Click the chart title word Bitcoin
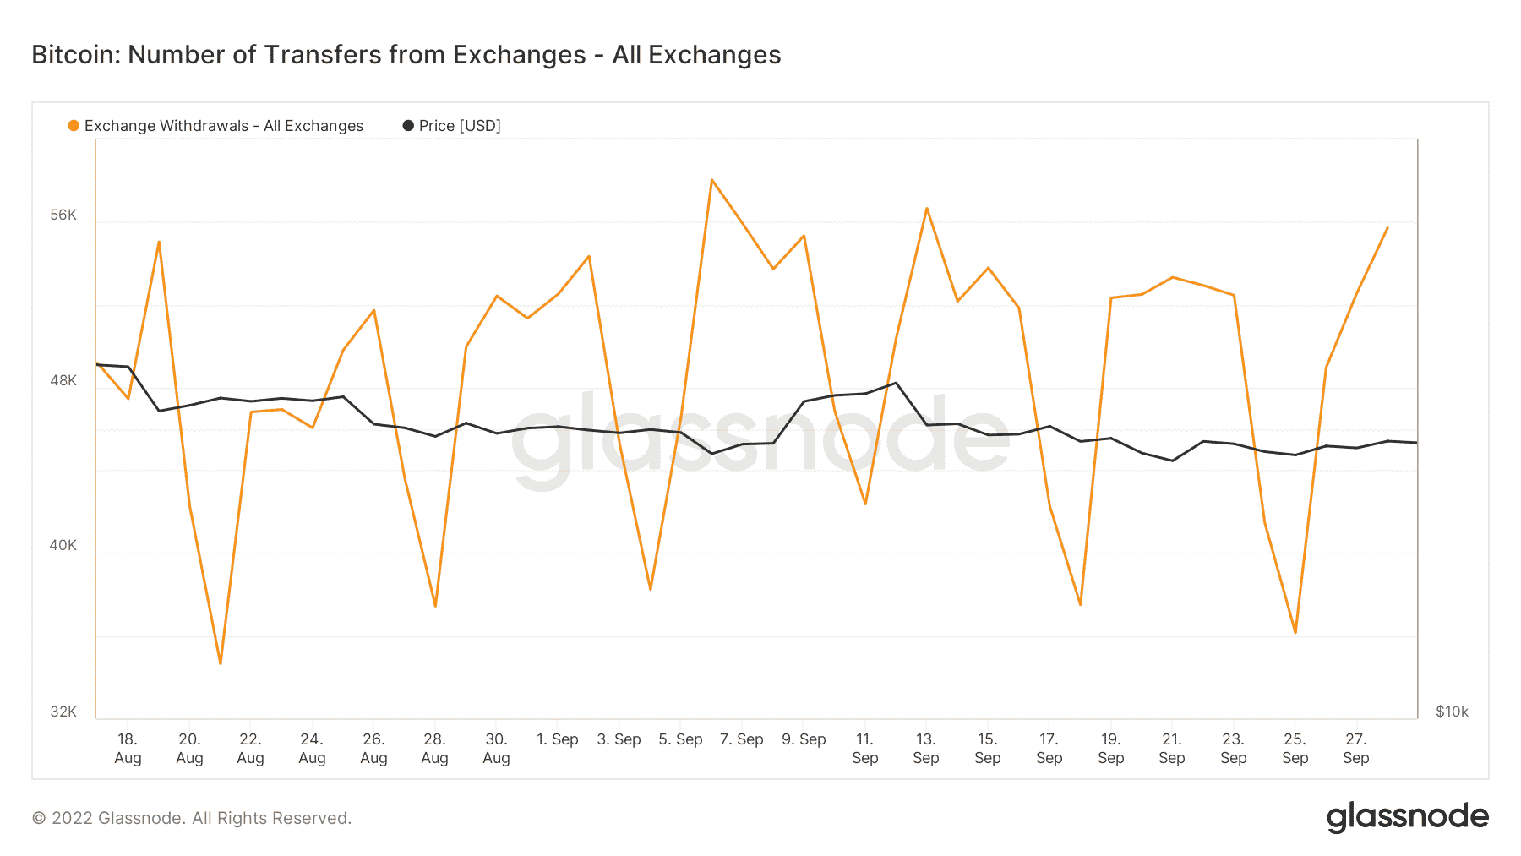75,55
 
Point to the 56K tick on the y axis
63,215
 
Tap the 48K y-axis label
63,380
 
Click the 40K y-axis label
63,545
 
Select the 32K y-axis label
63,712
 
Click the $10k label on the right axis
1452,712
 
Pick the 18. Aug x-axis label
128,749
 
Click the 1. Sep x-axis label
558,739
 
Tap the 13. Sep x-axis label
926,749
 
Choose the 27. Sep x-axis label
1355,749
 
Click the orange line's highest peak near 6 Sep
712,180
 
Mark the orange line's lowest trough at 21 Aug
221,663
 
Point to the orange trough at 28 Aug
435,606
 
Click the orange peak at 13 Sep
927,208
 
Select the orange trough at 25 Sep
1295,633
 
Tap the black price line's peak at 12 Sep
896,383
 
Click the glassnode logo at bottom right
1407,817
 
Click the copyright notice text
192,818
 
